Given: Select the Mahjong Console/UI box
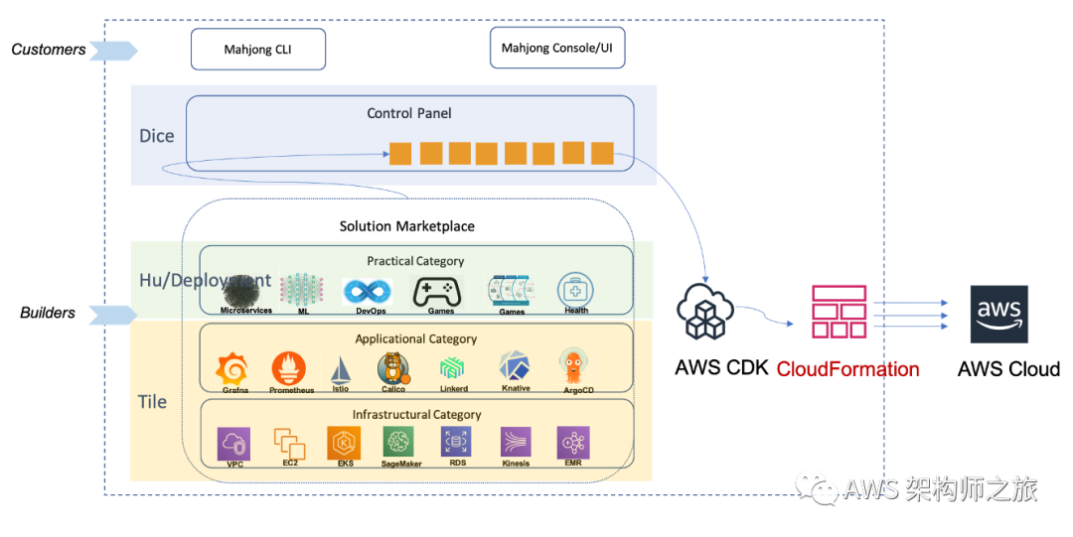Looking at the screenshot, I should pyautogui.click(x=556, y=48).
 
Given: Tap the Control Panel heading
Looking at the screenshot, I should pyautogui.click(x=409, y=113).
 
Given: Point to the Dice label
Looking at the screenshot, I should pyautogui.click(x=157, y=136).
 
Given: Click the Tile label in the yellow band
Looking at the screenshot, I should pyautogui.click(x=152, y=402).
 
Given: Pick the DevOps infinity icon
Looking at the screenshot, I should pyautogui.click(x=368, y=292).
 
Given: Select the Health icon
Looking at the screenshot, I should pyautogui.click(x=576, y=290).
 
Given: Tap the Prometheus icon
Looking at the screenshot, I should pyautogui.click(x=289, y=368).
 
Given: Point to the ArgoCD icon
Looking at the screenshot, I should pyautogui.click(x=572, y=365).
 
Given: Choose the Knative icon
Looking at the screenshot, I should pyautogui.click(x=516, y=366).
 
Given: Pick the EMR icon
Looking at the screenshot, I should pyautogui.click(x=573, y=442).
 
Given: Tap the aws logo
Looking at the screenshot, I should pyautogui.click(x=999, y=315).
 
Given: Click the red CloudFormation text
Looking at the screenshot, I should pyautogui.click(x=847, y=369).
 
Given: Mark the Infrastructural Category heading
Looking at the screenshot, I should pyautogui.click(x=416, y=414).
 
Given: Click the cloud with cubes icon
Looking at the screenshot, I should pyautogui.click(x=704, y=311).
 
